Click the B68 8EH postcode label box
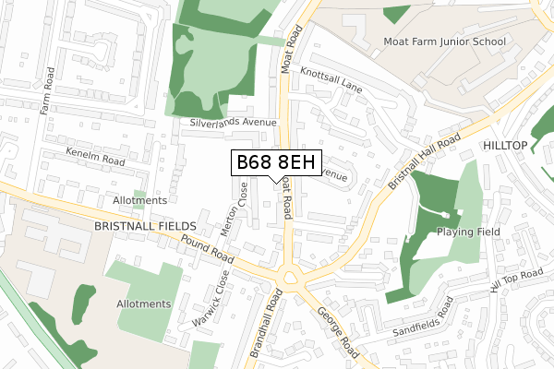click(x=277, y=163)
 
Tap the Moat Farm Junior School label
click(x=444, y=42)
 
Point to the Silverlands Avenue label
click(x=234, y=122)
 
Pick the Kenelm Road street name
click(x=93, y=155)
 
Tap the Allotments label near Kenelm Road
click(x=138, y=200)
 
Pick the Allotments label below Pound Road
click(x=143, y=304)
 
